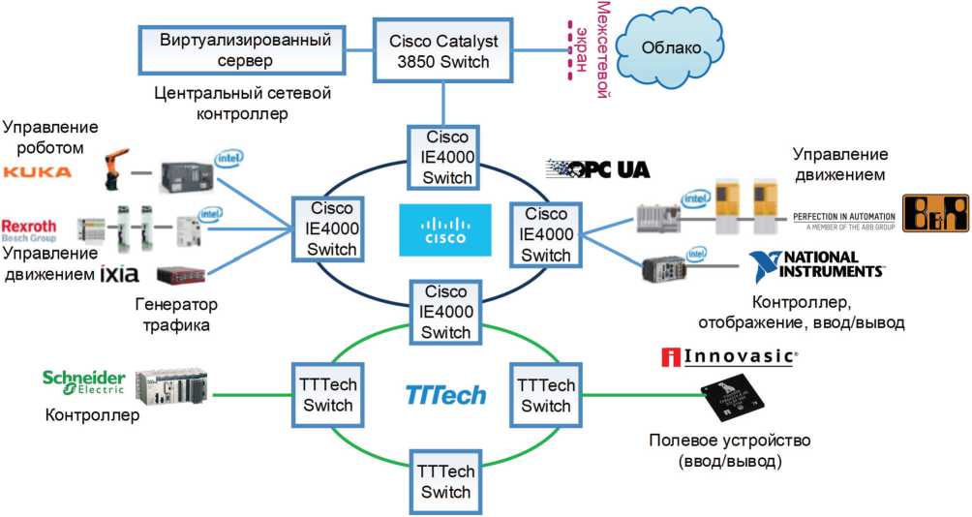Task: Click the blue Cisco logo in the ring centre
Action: pyautogui.click(x=444, y=229)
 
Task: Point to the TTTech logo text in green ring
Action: pyautogui.click(x=445, y=394)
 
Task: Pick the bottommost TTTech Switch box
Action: pyautogui.click(x=445, y=481)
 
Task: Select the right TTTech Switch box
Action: pyautogui.click(x=545, y=395)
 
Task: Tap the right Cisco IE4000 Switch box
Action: pyautogui.click(x=545, y=234)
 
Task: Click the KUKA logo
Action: pyautogui.click(x=38, y=171)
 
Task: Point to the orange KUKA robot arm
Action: pyautogui.click(x=118, y=167)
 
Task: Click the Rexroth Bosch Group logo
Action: pyautogui.click(x=29, y=228)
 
